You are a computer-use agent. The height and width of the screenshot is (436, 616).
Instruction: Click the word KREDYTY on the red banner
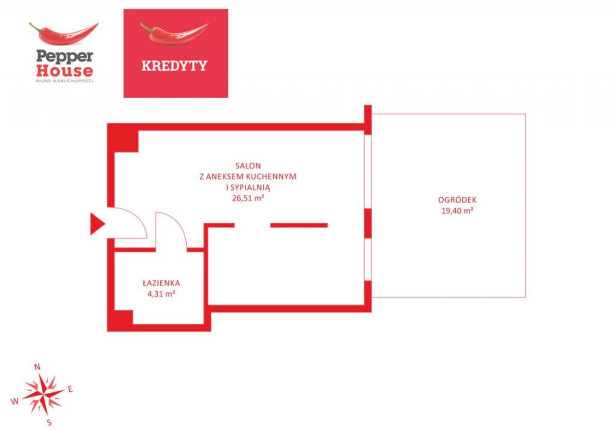click(x=174, y=66)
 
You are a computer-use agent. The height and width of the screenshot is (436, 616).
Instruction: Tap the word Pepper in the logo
click(x=64, y=57)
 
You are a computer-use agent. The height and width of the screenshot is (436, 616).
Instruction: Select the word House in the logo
click(x=64, y=71)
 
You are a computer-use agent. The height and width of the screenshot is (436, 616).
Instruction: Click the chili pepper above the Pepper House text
click(x=64, y=33)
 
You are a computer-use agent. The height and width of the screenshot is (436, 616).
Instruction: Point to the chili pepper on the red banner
click(x=174, y=33)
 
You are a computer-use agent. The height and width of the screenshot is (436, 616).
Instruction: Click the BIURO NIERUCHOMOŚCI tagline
click(x=64, y=81)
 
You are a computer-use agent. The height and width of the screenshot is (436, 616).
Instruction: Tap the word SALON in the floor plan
click(x=248, y=166)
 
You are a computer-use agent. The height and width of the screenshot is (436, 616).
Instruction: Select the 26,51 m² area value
click(x=248, y=198)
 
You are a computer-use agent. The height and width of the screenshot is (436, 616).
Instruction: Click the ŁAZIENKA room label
click(x=161, y=283)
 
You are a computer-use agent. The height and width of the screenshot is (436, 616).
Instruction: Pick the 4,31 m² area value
click(x=161, y=294)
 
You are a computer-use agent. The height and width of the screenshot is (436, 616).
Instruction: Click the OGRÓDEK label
click(x=457, y=200)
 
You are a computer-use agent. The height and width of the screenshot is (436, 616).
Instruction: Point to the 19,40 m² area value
click(x=457, y=211)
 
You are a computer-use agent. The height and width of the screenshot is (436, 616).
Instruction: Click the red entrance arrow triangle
click(x=97, y=224)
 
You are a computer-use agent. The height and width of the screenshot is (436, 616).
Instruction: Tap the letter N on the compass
click(x=37, y=367)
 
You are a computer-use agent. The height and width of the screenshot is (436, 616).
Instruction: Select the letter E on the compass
click(x=70, y=389)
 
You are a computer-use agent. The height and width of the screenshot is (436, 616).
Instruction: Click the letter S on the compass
click(x=49, y=423)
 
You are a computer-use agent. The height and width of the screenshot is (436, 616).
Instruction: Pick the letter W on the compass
click(x=15, y=401)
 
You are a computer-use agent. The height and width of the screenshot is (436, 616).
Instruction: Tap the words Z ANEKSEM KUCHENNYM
click(x=248, y=177)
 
